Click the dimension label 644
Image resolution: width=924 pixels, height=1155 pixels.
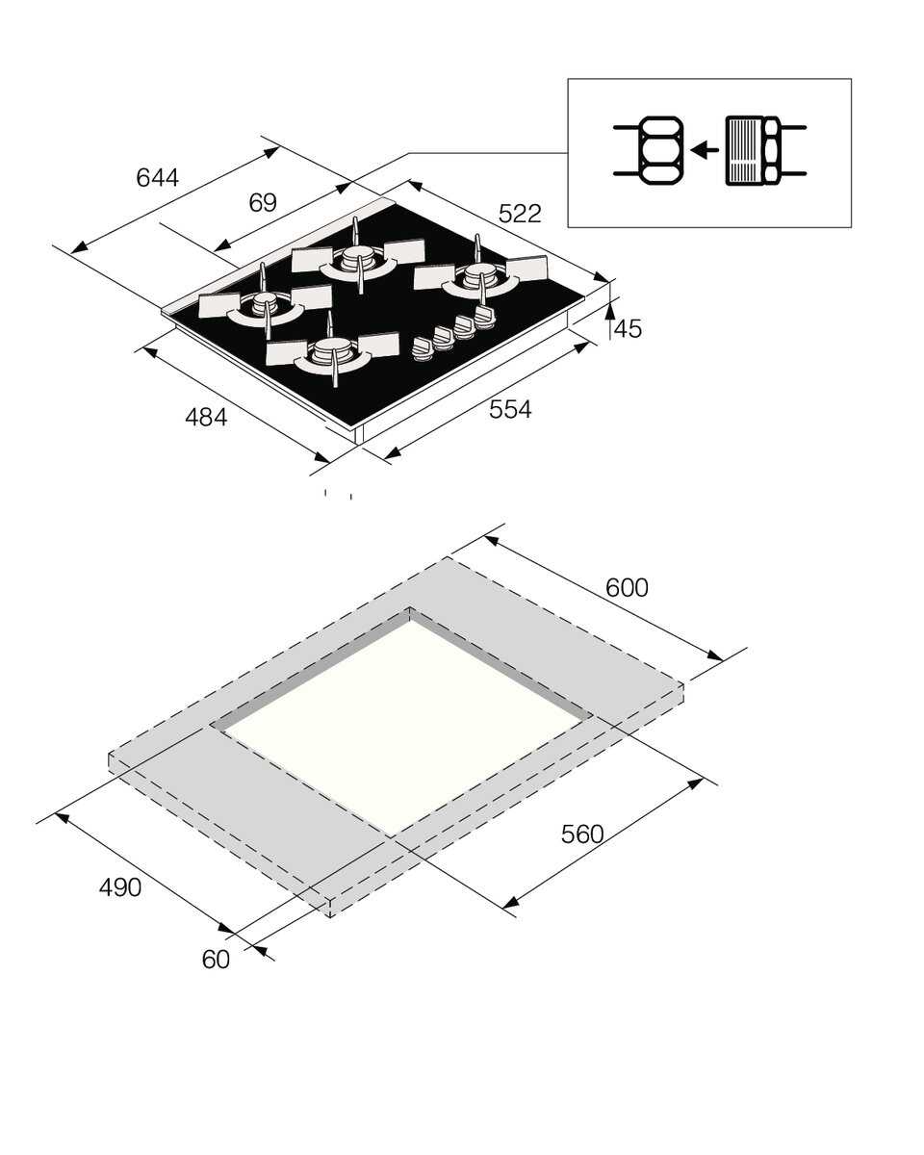pyautogui.click(x=157, y=177)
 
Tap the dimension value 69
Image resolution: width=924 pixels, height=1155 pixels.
pyautogui.click(x=263, y=203)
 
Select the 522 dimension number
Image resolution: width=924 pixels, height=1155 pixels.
pyautogui.click(x=520, y=214)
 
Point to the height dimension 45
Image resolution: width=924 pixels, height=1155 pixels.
pyautogui.click(x=628, y=328)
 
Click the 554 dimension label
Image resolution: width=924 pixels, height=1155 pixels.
pyautogui.click(x=510, y=409)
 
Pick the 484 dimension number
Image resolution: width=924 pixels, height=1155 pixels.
pyautogui.click(x=206, y=417)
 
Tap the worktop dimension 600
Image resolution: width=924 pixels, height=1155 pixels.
pyautogui.click(x=627, y=587)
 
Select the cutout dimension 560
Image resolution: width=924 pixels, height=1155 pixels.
pyautogui.click(x=582, y=834)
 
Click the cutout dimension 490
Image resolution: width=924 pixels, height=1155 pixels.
pyautogui.click(x=120, y=887)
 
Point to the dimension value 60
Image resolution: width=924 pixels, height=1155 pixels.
pyautogui.click(x=217, y=960)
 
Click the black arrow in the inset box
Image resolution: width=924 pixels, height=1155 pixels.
pyautogui.click(x=705, y=149)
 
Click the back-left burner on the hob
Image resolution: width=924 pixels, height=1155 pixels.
pyautogui.click(x=358, y=257)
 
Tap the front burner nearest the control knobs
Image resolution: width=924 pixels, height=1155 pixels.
pyautogui.click(x=333, y=352)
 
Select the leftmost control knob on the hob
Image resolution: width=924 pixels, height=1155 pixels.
pyautogui.click(x=423, y=349)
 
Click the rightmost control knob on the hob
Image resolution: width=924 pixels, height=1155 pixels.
pyautogui.click(x=484, y=319)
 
